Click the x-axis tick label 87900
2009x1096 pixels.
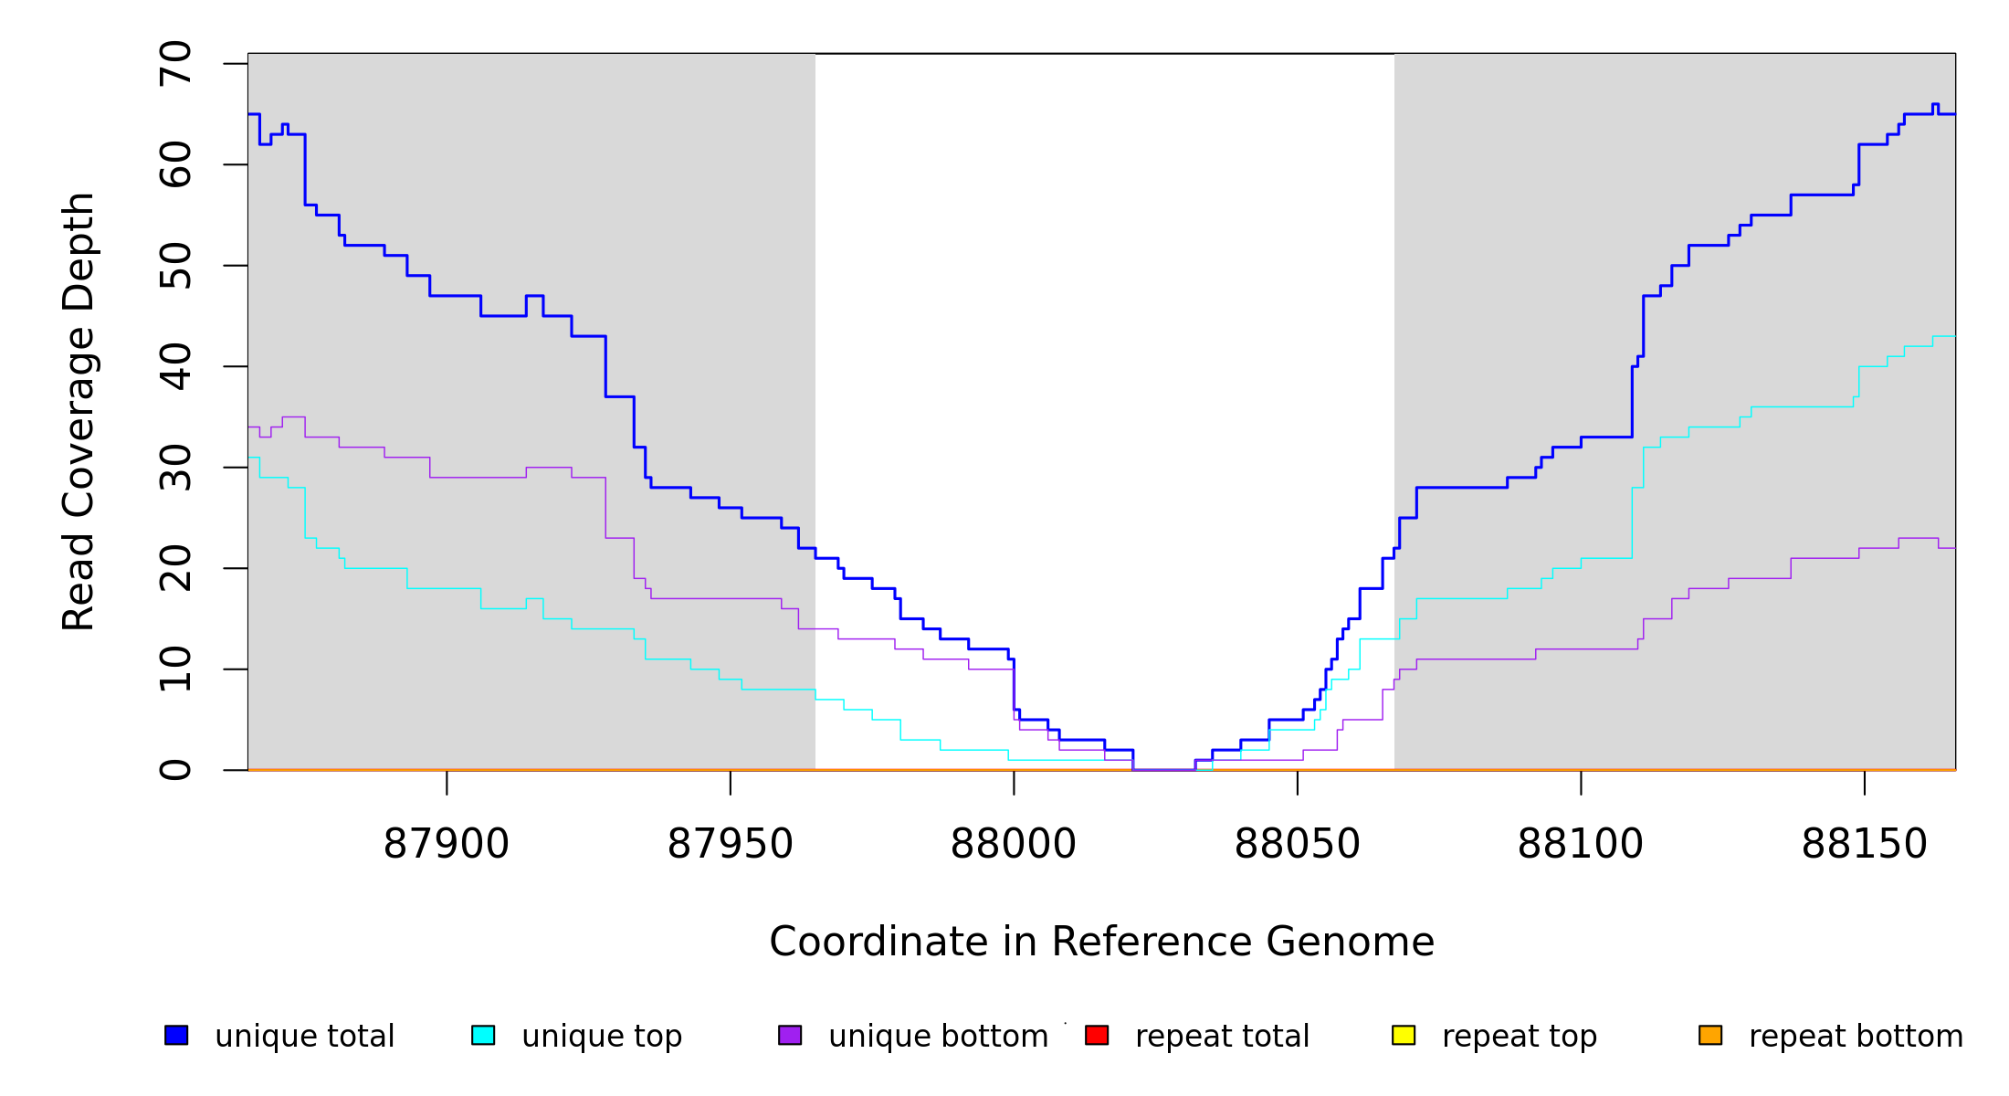446,844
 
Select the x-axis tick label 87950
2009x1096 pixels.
730,844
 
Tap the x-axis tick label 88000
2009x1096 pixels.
1014,844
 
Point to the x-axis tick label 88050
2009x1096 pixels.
1297,844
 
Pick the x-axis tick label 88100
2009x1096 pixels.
1581,844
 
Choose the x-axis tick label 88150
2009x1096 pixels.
1864,844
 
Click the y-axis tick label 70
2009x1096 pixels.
175,64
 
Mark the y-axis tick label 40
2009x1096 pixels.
175,366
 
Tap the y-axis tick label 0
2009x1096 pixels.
175,770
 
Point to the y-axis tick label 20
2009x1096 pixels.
175,568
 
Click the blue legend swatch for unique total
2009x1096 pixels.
176,1035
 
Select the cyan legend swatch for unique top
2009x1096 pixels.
483,1035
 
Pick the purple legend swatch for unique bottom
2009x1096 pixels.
790,1035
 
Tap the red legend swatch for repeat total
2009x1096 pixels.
1097,1035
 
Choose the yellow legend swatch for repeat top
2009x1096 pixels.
1404,1035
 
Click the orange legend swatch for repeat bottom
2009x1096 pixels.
1710,1035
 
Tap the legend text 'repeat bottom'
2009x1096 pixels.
1856,1037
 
